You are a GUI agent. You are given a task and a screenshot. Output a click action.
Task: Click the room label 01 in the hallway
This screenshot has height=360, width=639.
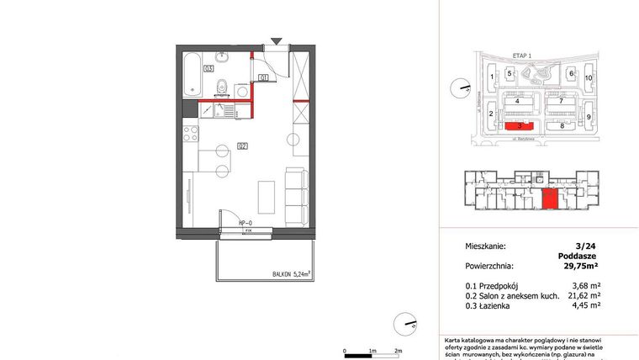coord(263,78)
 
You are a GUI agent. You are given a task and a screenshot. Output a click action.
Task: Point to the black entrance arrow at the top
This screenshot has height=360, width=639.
coord(277,40)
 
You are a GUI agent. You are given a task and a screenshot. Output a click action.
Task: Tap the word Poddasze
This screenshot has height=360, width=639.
coord(578,257)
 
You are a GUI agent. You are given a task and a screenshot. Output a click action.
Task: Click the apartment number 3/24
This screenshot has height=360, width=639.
coord(583,246)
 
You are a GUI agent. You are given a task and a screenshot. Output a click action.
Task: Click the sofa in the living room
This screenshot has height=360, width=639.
coord(295,196)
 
